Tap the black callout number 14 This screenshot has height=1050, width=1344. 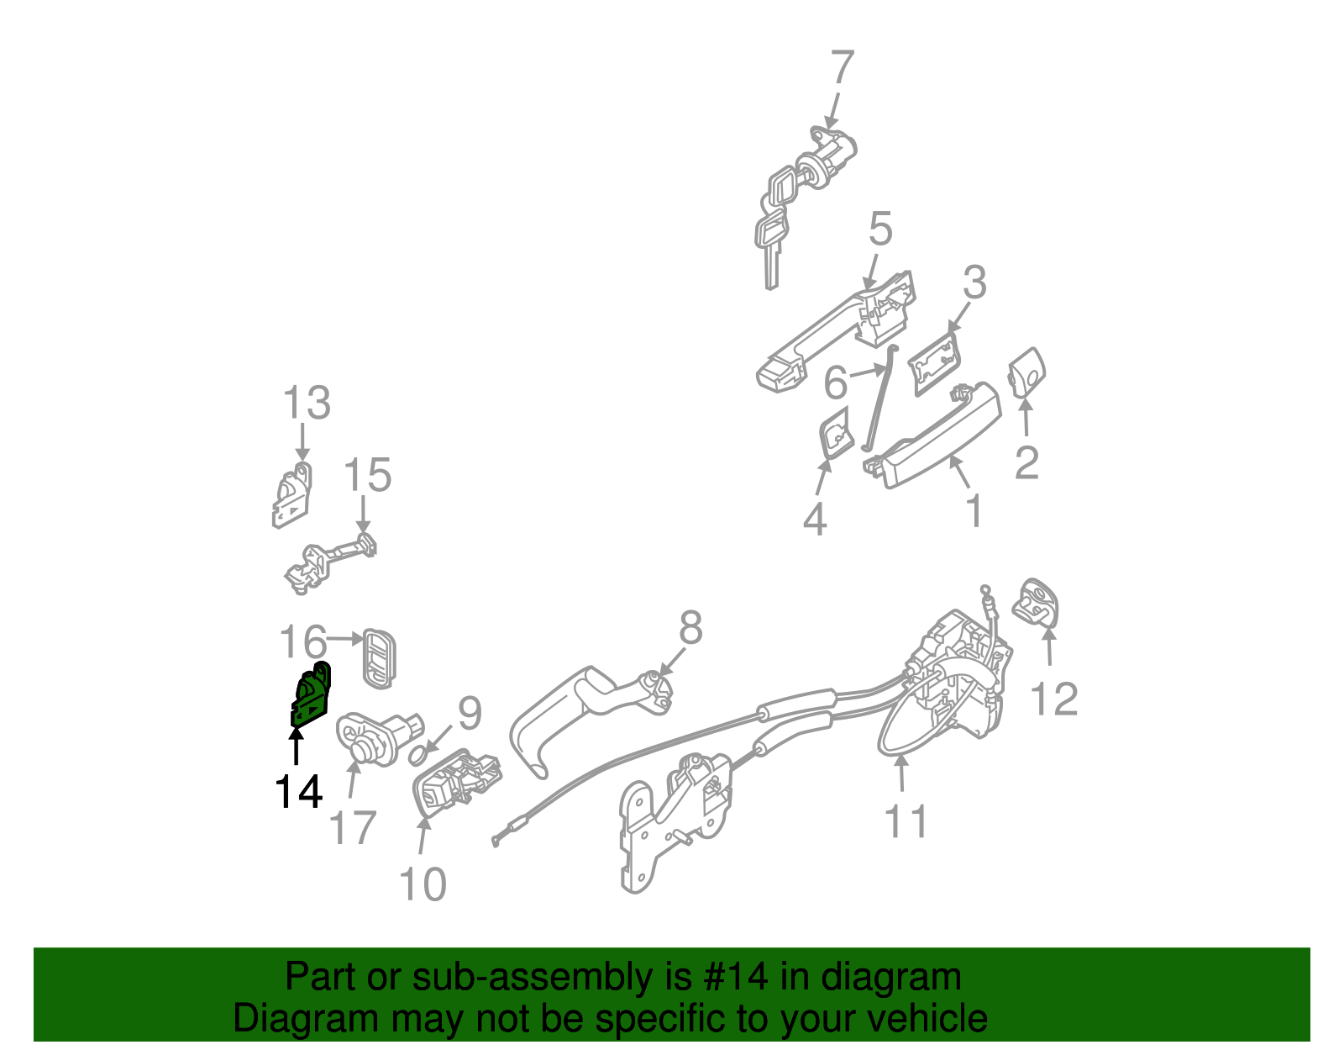coord(298,792)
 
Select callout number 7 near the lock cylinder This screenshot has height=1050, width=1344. coord(842,68)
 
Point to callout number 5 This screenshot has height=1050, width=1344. coord(879,230)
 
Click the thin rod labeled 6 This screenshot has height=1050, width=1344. coord(879,398)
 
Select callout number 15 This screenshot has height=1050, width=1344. coord(368,476)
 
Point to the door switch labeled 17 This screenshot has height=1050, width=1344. coord(374,733)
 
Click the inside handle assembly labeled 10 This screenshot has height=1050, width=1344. coord(456,783)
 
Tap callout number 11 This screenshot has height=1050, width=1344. coord(906,821)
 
